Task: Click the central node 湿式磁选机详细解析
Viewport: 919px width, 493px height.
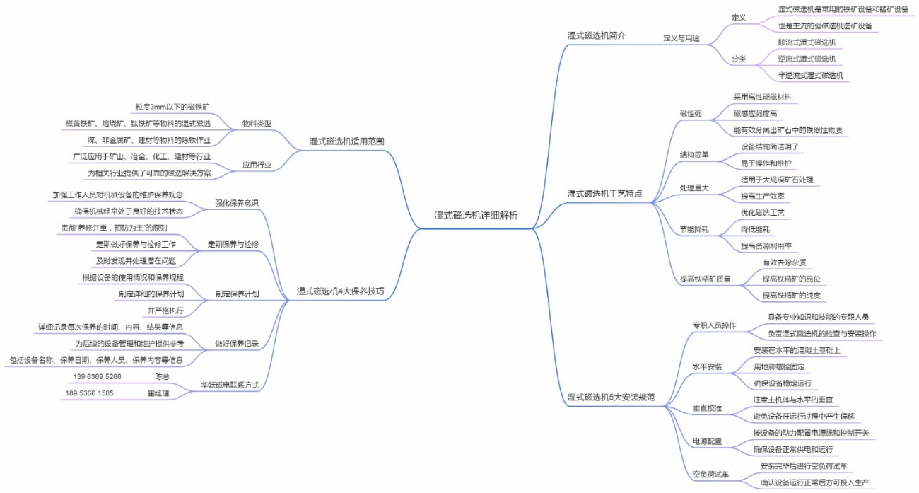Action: tap(476, 216)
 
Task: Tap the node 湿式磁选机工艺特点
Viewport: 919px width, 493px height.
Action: tap(604, 193)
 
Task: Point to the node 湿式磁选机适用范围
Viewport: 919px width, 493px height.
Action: tap(347, 141)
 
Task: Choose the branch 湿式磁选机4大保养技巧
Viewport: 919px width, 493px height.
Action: tap(341, 291)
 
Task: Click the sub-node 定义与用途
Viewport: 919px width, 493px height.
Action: tap(681, 37)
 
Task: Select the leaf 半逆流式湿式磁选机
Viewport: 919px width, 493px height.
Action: tap(811, 75)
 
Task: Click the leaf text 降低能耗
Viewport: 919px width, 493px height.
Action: tap(755, 229)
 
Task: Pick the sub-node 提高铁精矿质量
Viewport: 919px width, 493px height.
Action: tap(705, 279)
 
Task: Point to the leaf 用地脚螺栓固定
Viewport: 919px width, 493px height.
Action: tap(779, 366)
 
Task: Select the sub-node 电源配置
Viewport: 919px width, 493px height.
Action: tap(707, 441)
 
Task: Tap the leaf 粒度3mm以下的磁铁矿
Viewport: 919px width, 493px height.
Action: tap(172, 107)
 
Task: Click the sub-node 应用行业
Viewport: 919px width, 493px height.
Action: tap(257, 165)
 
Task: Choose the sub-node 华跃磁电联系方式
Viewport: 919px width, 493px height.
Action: tap(230, 385)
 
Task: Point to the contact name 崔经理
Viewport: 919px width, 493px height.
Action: tap(158, 393)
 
